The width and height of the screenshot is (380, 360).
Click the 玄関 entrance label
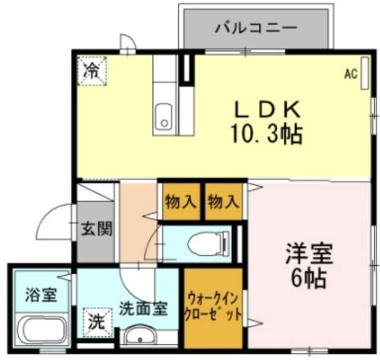96,229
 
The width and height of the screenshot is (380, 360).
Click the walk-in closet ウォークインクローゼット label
213,305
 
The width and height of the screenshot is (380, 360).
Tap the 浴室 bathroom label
41,294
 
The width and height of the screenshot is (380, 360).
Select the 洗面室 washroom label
143,308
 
